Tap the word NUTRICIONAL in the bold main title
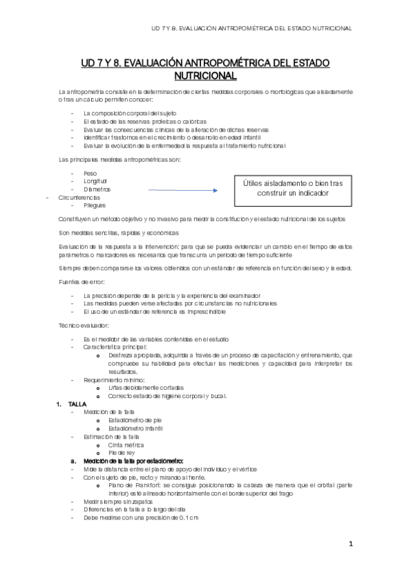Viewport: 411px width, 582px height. [x=205, y=75]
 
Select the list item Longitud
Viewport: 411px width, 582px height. [x=95, y=181]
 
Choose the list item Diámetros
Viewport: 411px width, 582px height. [x=97, y=189]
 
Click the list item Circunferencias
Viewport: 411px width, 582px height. [x=80, y=197]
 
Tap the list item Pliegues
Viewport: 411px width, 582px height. [x=95, y=205]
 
